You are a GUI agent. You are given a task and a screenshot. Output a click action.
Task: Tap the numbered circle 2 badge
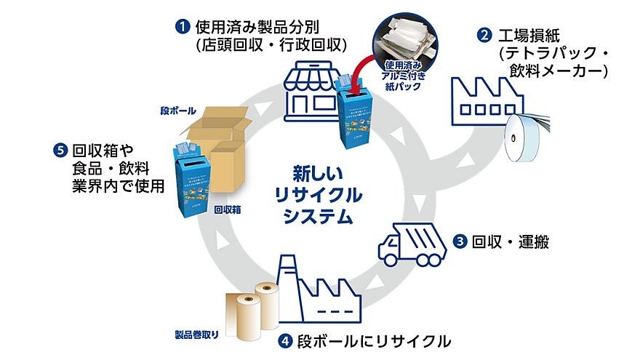click(482, 34)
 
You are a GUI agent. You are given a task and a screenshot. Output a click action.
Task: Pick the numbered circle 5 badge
click(60, 151)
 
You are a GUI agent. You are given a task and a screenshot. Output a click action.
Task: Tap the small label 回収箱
click(227, 209)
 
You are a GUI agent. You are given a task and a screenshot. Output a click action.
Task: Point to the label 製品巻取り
click(196, 336)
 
